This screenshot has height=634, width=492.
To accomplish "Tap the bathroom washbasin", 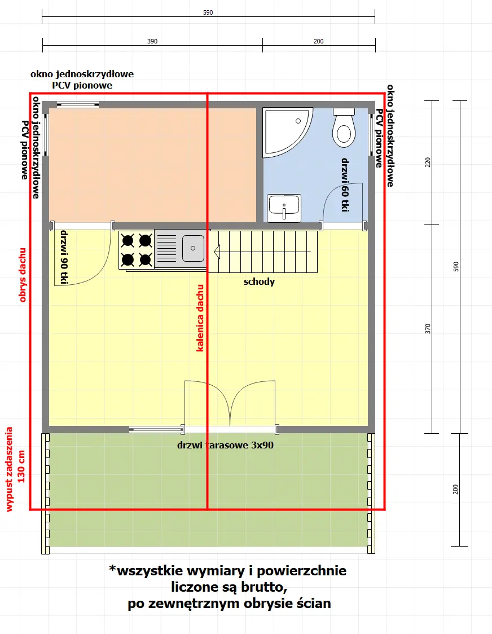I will click(284, 207).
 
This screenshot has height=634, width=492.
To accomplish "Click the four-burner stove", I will click(137, 249).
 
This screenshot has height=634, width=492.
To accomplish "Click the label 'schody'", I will click(259, 281).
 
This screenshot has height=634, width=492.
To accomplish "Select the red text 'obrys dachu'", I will click(23, 274).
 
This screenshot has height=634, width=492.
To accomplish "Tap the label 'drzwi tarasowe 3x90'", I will click(225, 444).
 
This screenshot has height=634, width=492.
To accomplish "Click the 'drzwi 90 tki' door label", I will click(64, 257).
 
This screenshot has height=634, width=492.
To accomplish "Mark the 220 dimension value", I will click(427, 162).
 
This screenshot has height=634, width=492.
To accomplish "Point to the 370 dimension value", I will click(427, 328).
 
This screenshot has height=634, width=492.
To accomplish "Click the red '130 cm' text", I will click(21, 466).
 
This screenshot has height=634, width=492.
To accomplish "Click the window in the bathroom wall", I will click(372, 134).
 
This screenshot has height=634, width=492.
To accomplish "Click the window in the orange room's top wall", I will click(78, 104).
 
